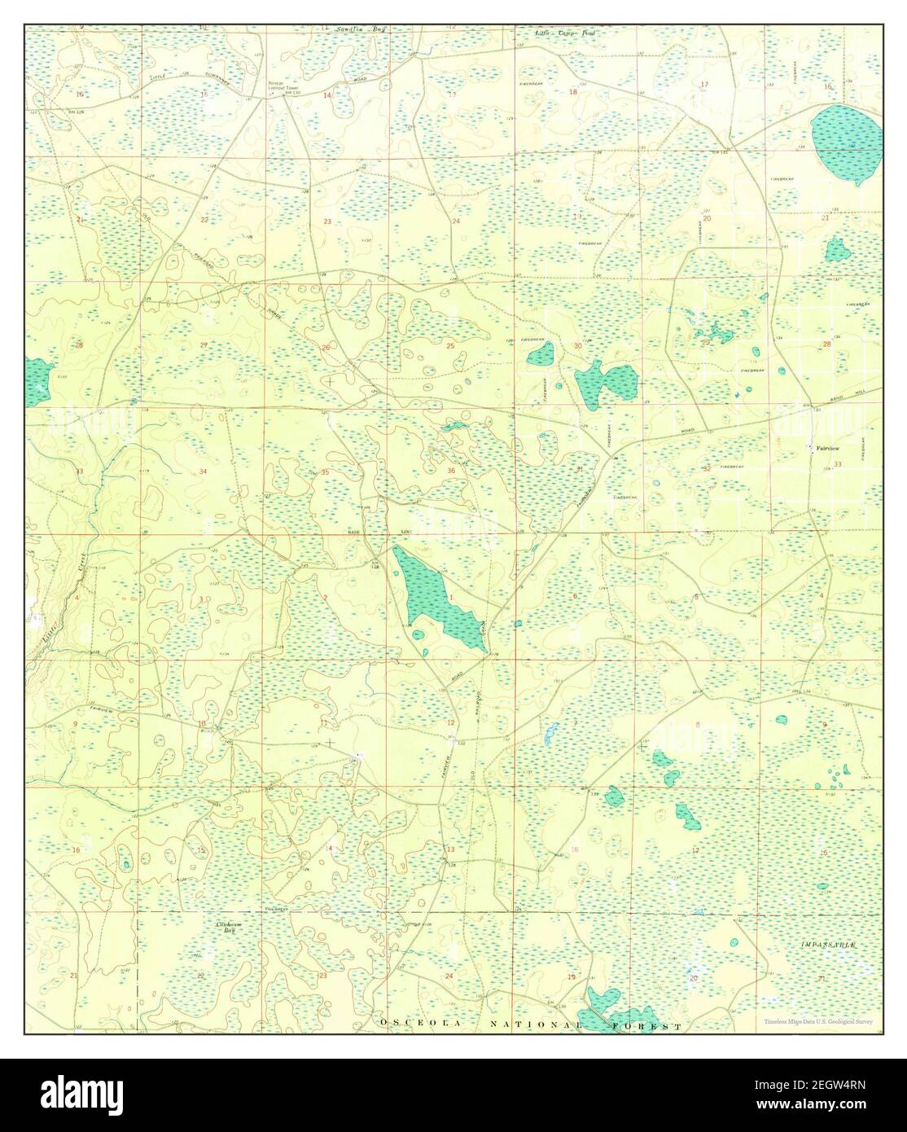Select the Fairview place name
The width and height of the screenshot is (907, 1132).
pos(819,448)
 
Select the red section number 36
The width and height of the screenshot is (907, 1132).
pos(451,472)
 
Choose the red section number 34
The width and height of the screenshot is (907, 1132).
pos(203,472)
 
